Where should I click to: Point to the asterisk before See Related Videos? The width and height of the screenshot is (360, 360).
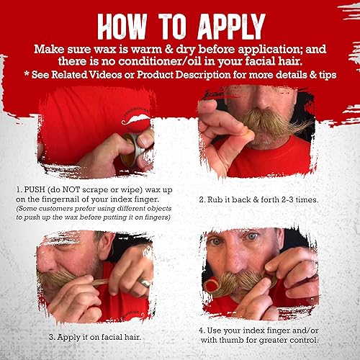click(27, 74)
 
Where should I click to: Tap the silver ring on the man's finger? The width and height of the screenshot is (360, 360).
click(145, 283)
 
